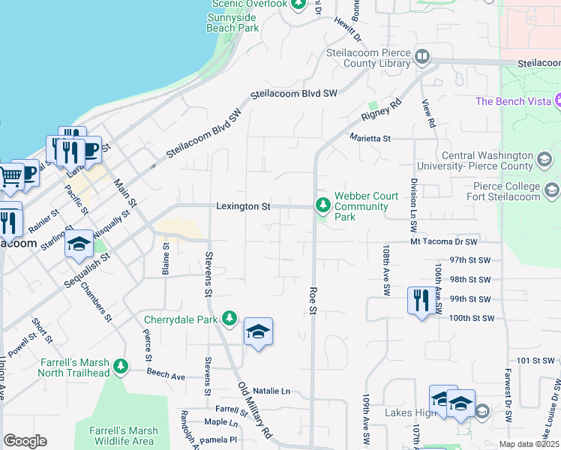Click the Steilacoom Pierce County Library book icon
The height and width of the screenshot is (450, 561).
(422, 57)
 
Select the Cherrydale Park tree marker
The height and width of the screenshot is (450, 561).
(229, 319)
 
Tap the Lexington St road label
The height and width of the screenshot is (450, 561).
(242, 205)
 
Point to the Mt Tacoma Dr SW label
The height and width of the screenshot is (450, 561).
(444, 241)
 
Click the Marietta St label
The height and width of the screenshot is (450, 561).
(370, 138)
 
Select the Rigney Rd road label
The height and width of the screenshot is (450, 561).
(381, 108)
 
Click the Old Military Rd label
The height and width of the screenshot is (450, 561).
(254, 409)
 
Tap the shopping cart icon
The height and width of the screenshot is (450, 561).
(10, 177)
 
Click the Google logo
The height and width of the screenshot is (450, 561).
(25, 440)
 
